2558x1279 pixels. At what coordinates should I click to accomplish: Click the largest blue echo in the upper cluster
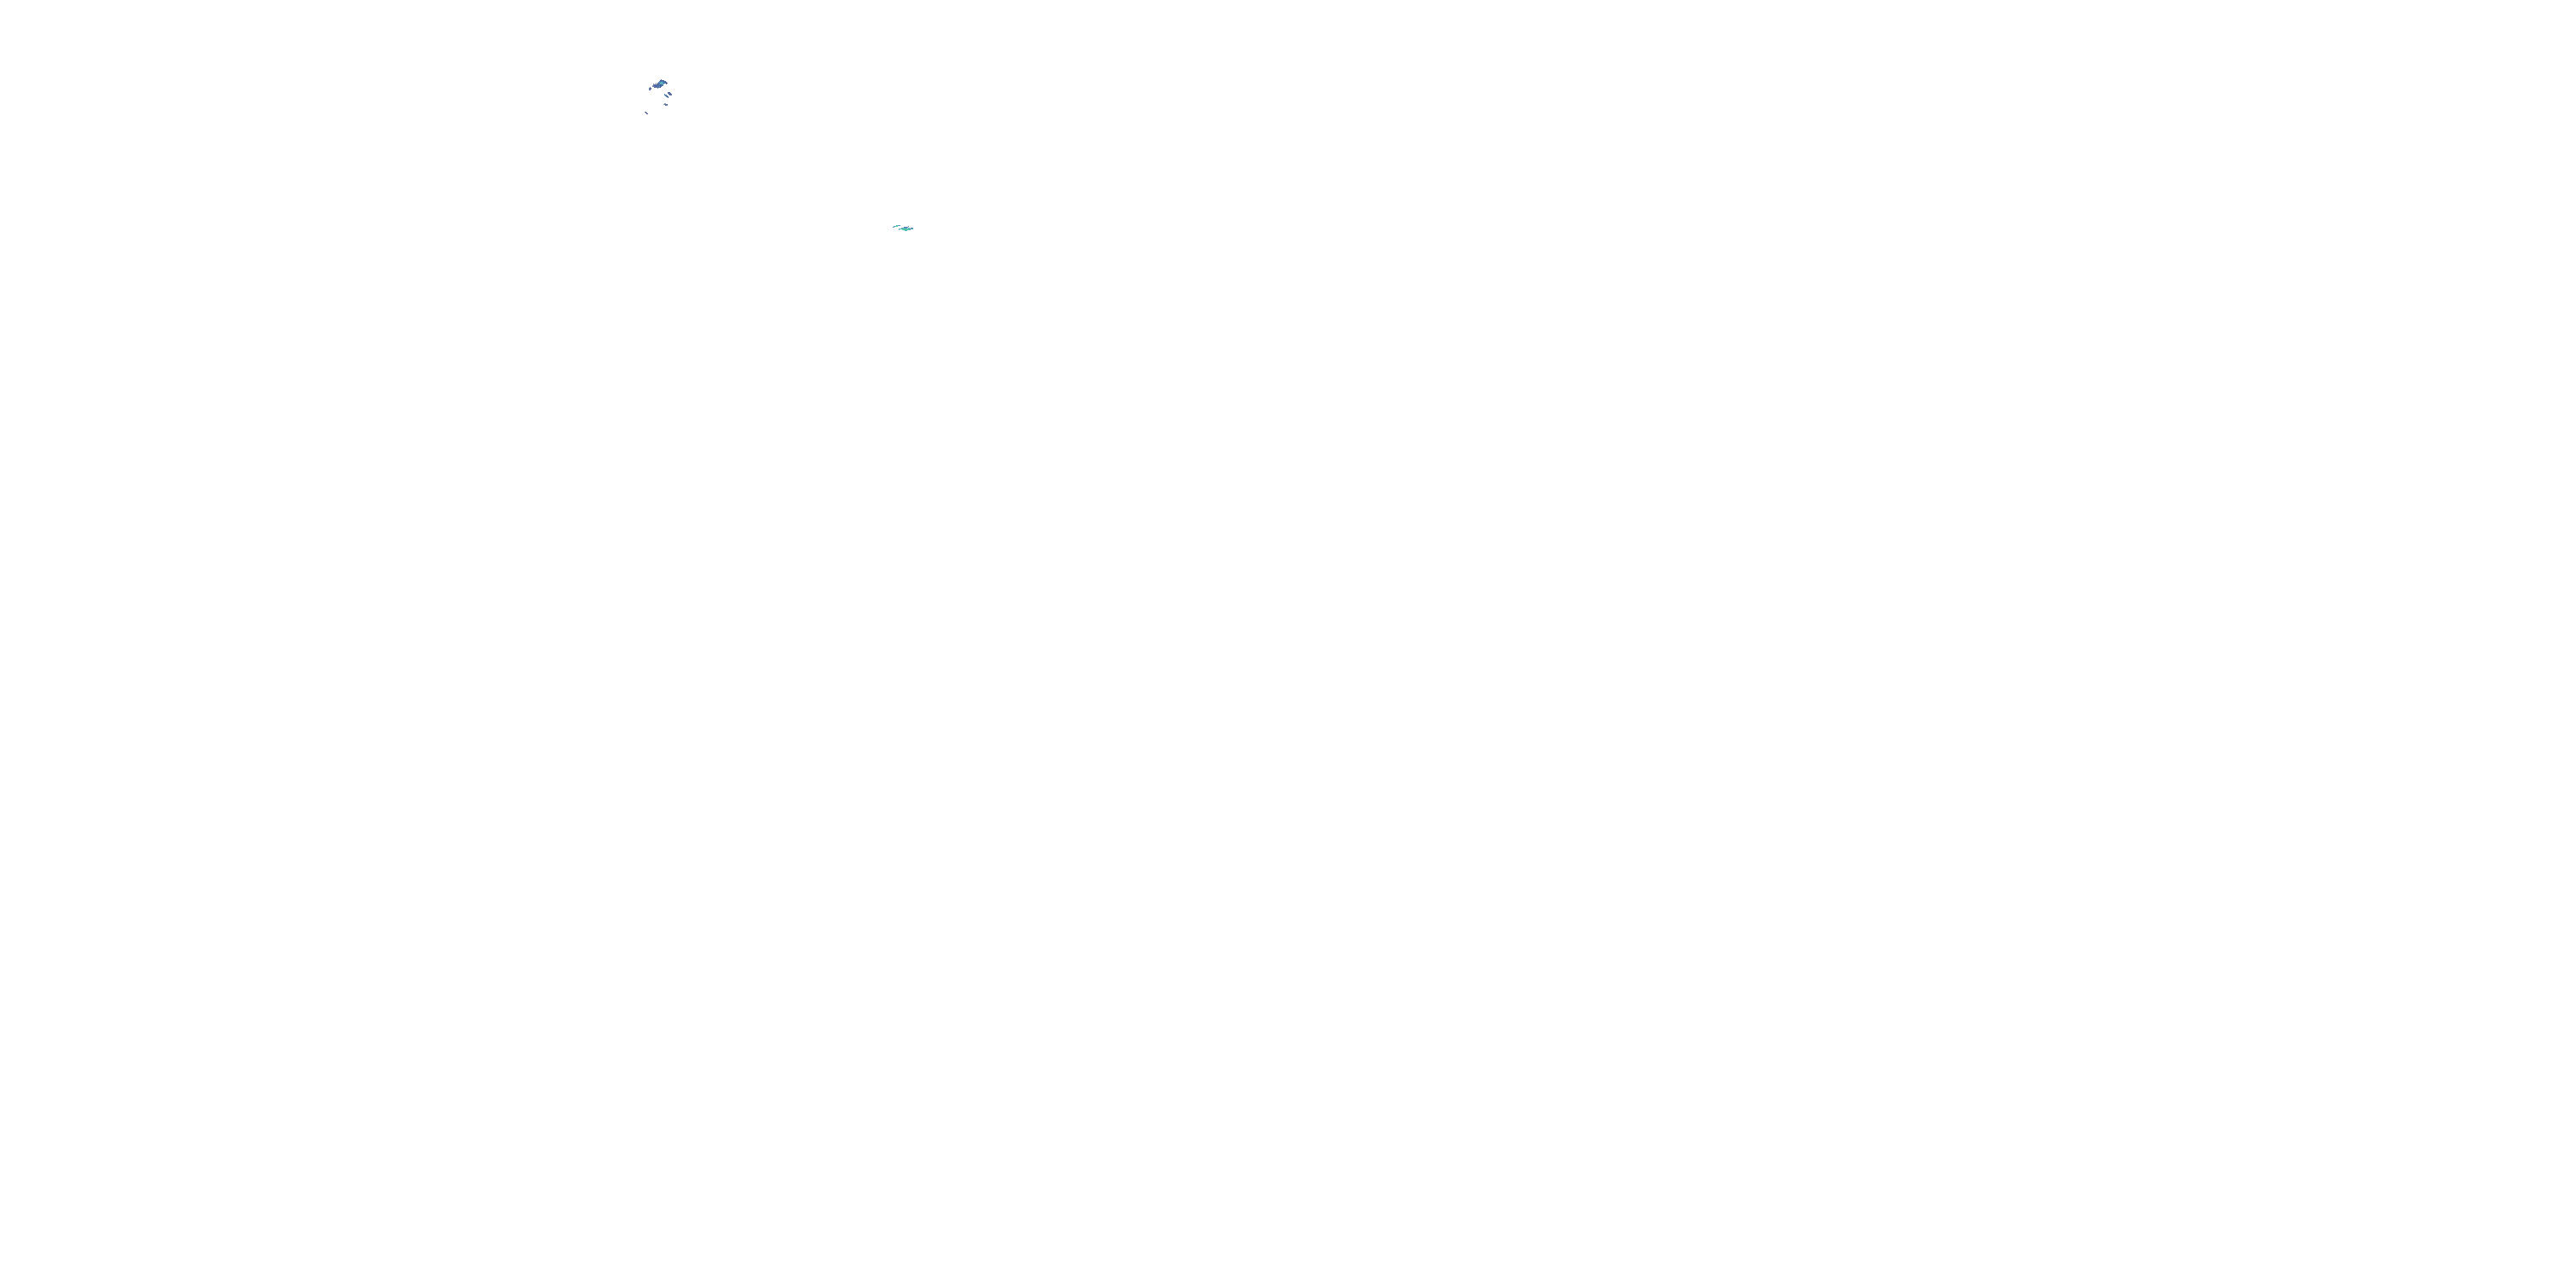click(x=659, y=85)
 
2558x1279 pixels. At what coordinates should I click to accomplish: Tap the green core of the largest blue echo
click(x=662, y=84)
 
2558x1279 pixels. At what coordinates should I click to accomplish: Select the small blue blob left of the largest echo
click(x=651, y=90)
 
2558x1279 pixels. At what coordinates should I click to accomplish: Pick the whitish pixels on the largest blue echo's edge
click(x=654, y=85)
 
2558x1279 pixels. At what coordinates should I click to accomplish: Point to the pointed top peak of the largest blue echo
click(x=662, y=80)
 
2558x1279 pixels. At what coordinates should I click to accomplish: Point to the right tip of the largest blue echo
click(x=668, y=84)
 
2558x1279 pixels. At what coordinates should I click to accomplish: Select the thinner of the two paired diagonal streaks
click(x=666, y=96)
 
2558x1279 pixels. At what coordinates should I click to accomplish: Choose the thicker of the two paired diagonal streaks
click(x=670, y=95)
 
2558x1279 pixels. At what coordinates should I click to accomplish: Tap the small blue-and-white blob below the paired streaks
click(x=666, y=105)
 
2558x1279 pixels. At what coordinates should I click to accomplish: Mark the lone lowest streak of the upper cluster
click(x=646, y=113)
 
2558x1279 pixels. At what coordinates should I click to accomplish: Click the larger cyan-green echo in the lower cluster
click(x=906, y=229)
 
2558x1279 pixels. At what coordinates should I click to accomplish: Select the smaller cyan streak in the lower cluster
click(x=897, y=227)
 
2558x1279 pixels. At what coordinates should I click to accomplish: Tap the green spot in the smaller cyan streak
click(x=898, y=227)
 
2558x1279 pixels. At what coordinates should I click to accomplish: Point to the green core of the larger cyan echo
click(x=906, y=230)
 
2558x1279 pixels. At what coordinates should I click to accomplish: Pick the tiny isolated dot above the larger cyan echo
click(x=909, y=227)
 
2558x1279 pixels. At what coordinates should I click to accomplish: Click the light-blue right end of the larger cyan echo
click(x=912, y=229)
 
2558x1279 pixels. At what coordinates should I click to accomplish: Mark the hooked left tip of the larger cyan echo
click(x=900, y=229)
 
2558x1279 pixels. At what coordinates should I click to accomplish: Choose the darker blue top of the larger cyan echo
click(x=906, y=228)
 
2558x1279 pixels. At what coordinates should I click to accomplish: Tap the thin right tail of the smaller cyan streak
click(x=900, y=225)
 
